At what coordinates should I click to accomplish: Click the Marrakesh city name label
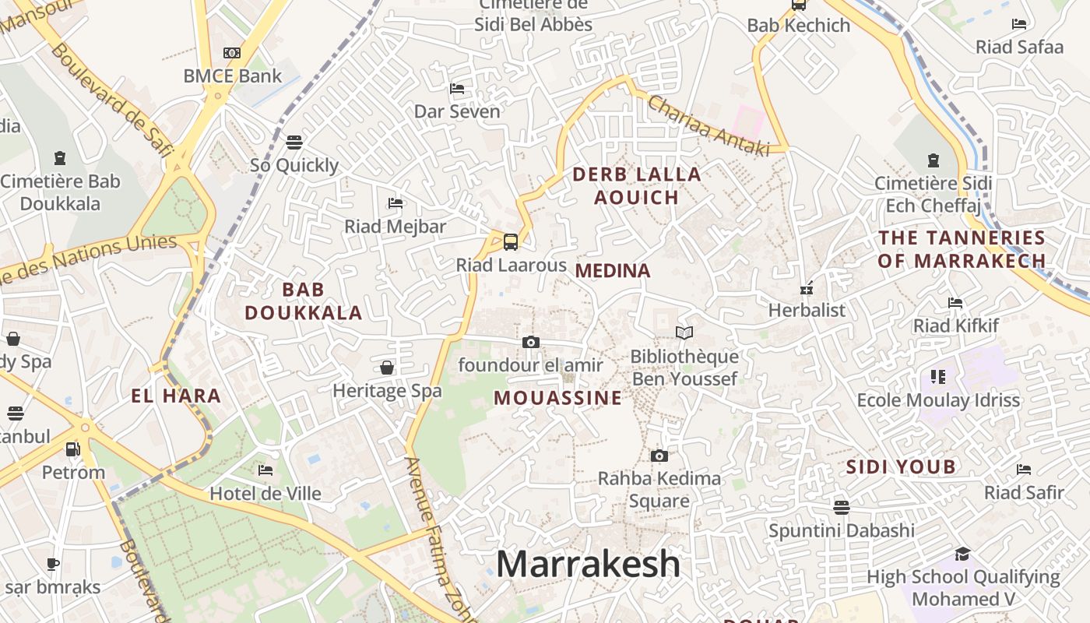[588, 564]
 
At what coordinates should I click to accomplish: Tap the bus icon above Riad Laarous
[511, 241]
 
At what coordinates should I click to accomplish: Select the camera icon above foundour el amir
[531, 342]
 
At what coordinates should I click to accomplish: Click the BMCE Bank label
[233, 76]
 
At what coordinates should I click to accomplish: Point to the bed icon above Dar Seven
[457, 89]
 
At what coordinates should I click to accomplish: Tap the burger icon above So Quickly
[294, 142]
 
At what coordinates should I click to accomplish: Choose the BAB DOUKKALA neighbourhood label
[304, 301]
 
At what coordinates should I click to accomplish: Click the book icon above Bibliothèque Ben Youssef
[684, 333]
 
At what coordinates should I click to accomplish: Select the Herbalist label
[807, 310]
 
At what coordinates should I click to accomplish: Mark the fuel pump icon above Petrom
[72, 449]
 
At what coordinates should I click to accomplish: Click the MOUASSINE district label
[558, 398]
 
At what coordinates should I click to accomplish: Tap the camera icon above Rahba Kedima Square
[659, 456]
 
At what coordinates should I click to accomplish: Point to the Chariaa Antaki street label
[708, 125]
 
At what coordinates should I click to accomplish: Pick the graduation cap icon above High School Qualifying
[963, 554]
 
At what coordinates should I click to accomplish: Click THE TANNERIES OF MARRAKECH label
[962, 249]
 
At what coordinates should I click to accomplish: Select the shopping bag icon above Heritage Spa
[387, 368]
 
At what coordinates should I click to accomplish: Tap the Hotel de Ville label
[265, 494]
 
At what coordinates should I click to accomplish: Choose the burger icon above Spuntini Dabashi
[841, 508]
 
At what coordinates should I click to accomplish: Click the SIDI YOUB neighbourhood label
[901, 467]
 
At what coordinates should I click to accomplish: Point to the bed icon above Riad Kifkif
[955, 302]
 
